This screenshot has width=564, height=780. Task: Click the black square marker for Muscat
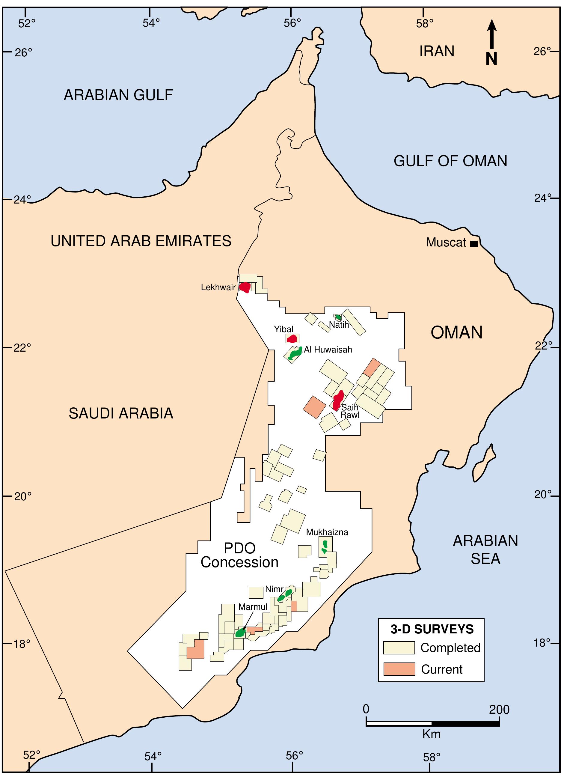coord(474,244)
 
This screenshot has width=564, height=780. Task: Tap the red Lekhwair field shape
coord(245,287)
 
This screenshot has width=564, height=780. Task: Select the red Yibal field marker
coord(292,339)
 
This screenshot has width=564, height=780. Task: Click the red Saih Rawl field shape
coord(338,399)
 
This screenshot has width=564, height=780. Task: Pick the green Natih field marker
coord(338,317)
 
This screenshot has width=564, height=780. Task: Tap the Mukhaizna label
coord(327,532)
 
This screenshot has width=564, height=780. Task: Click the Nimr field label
coord(274,589)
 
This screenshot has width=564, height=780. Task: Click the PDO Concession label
coord(240,555)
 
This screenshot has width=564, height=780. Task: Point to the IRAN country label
coord(437,52)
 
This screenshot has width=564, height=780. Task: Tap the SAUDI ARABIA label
coord(121,413)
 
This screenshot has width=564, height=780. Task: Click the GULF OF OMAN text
coord(450,161)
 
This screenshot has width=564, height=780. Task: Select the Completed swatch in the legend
coord(399,648)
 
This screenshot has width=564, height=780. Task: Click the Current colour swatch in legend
coord(399,669)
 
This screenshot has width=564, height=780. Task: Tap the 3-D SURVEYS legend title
coord(432,629)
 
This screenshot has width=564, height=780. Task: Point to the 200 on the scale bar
coord(499,709)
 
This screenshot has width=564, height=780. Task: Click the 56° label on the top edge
coord(292,23)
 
